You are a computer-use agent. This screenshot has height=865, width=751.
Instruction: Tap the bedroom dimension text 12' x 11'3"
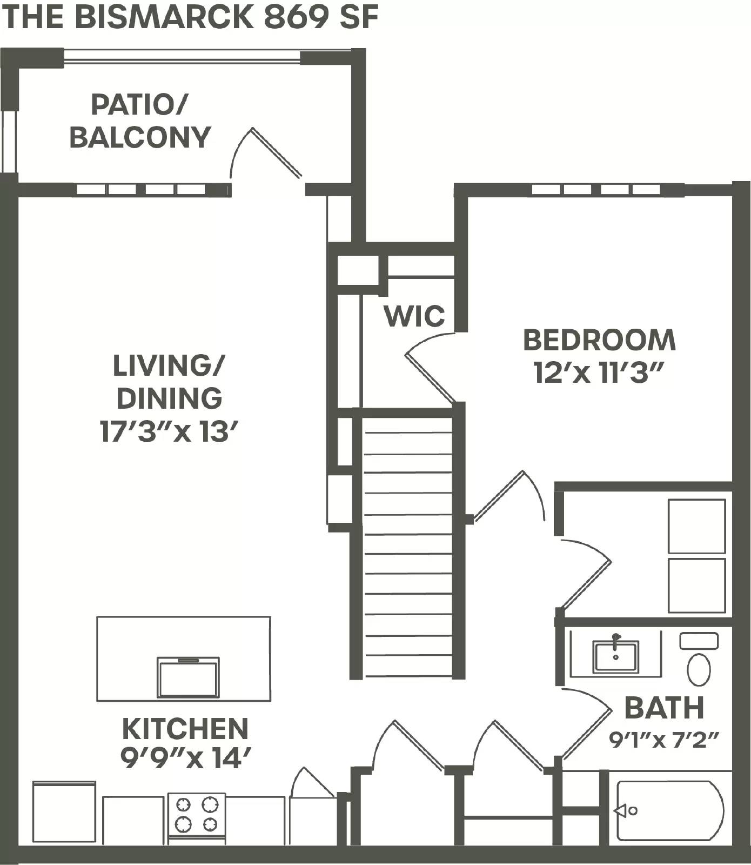pos(598,372)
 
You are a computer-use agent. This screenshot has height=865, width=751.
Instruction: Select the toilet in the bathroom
pos(699,669)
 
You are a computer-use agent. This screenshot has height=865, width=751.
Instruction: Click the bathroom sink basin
pos(615,656)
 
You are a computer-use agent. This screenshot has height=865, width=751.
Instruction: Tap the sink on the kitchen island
pos(188,678)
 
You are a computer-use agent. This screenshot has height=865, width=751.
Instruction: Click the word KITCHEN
pos(185,729)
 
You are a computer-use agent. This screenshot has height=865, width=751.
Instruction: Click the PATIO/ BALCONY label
pos(139,121)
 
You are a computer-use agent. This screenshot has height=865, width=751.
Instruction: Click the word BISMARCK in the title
pos(164,17)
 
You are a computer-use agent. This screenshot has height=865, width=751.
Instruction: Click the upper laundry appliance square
pos(696,526)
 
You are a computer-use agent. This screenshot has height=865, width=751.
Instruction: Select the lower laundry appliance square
pos(696,585)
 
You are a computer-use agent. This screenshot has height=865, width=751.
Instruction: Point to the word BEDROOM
pos(599,340)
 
